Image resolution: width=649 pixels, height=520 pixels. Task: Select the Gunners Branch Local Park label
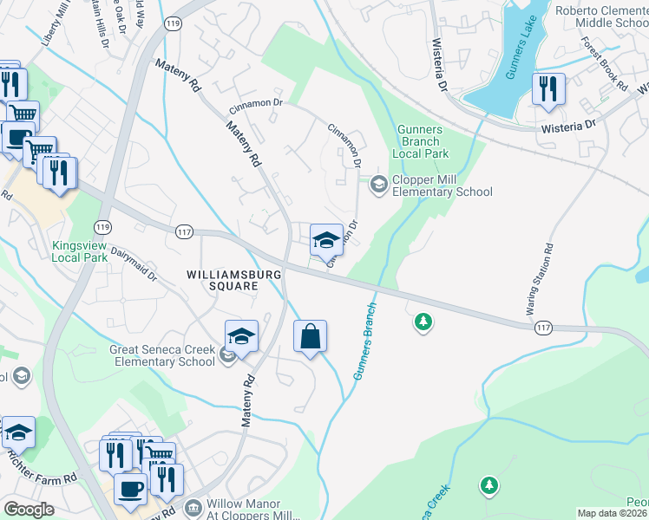[x=421, y=141]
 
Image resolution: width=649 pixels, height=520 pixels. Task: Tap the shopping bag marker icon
[x=311, y=335]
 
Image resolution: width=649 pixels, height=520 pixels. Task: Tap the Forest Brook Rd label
[x=604, y=64]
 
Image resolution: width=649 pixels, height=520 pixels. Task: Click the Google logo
[x=29, y=510]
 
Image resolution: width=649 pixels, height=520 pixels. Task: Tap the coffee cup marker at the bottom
[x=131, y=489]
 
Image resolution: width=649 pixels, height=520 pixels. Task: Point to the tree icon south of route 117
[x=423, y=322]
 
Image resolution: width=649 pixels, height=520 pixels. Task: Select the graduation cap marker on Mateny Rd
[x=242, y=336]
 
